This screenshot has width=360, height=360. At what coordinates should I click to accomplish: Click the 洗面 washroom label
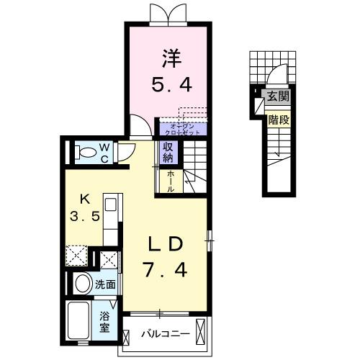[x=107, y=284]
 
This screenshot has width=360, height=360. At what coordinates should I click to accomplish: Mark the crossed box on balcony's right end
[x=204, y=333]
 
